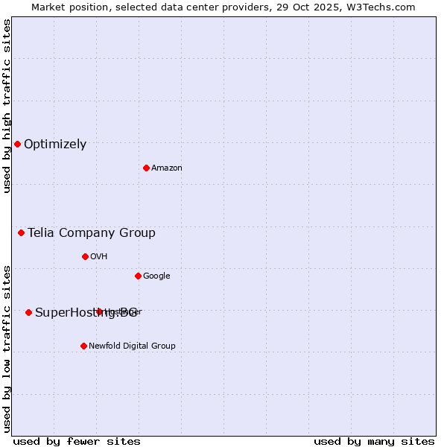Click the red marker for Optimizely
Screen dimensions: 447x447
tap(17, 144)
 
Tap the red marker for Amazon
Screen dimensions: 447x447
tap(146, 168)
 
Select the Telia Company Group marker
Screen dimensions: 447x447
tap(21, 232)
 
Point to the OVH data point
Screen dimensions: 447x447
tap(85, 256)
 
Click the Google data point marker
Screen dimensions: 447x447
tap(138, 276)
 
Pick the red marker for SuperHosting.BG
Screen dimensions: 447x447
tap(28, 312)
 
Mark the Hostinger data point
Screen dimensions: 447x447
tap(99, 311)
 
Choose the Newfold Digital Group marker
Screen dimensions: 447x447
tap(83, 346)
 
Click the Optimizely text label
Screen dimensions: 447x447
tap(55, 145)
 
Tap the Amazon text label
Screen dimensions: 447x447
tap(167, 168)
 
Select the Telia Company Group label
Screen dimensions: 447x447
tap(92, 233)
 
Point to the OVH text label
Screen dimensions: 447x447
tap(99, 257)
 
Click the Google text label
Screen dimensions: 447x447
tap(156, 276)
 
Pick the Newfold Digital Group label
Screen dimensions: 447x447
tap(132, 346)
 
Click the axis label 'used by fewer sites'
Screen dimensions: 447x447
tap(77, 441)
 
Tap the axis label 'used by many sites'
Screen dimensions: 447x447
tap(374, 441)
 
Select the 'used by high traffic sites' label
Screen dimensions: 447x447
tap(7, 106)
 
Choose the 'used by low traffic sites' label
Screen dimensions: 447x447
tap(7, 348)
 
